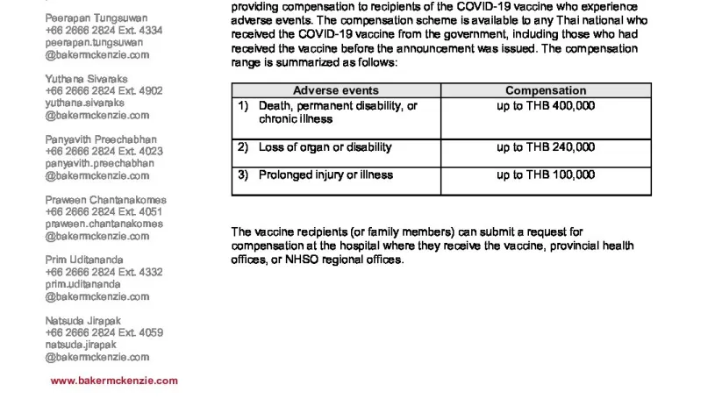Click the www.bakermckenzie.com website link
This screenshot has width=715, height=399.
[x=114, y=381]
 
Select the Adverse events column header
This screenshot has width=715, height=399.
[x=336, y=90]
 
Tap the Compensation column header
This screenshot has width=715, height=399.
[x=546, y=90]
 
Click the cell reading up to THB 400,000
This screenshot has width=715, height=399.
[x=546, y=106]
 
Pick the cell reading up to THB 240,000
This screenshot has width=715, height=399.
[x=546, y=147]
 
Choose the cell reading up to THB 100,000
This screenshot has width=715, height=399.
[x=546, y=175]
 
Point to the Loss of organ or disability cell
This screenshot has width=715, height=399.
[x=325, y=147]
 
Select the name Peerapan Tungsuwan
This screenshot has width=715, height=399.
[x=97, y=18]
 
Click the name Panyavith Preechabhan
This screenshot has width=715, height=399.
[x=101, y=139]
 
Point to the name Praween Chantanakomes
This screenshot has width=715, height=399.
[x=105, y=199]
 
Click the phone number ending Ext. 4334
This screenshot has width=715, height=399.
[x=104, y=30]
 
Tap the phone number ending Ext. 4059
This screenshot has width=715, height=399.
[x=104, y=332]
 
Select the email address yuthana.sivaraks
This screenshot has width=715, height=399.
[x=85, y=103]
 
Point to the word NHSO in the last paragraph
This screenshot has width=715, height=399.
[x=302, y=260]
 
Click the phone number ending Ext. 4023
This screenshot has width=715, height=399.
[x=104, y=151]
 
